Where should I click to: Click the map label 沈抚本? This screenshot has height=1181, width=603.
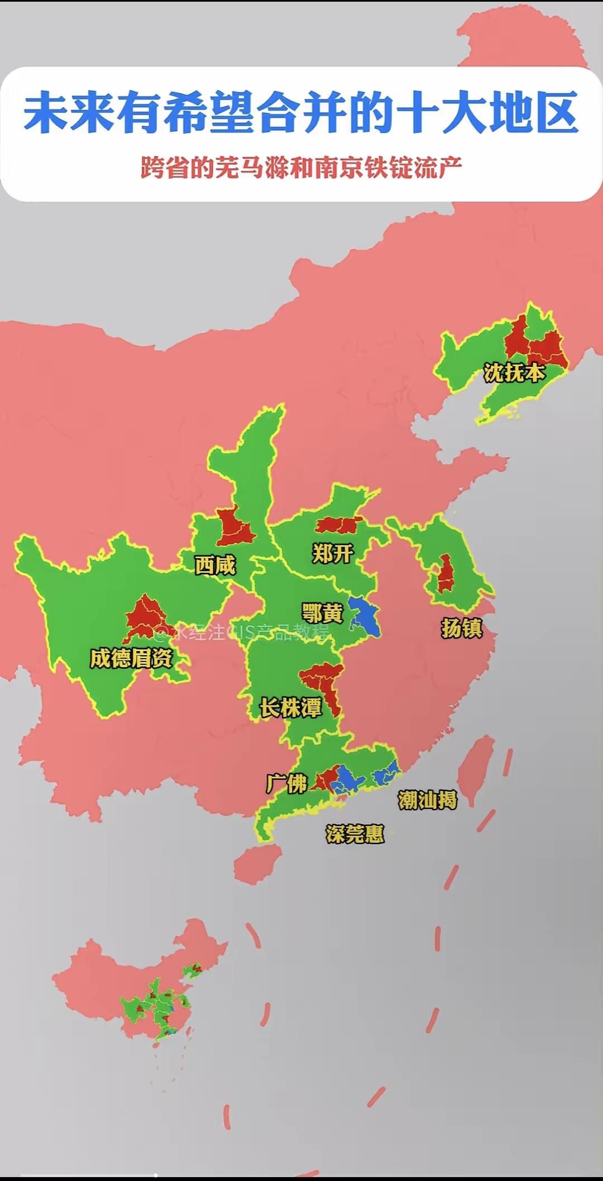pyautogui.click(x=514, y=373)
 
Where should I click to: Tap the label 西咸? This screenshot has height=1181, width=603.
pyautogui.click(x=215, y=565)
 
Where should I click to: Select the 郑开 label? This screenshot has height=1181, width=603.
pyautogui.click(x=333, y=554)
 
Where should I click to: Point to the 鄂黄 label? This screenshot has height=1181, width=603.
pyautogui.click(x=322, y=613)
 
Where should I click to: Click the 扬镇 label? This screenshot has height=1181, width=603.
pyautogui.click(x=461, y=628)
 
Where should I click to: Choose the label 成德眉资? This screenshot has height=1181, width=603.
pyautogui.click(x=131, y=658)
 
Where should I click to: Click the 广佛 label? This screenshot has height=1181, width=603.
pyautogui.click(x=287, y=783)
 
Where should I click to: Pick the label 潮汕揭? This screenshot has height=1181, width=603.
pyautogui.click(x=427, y=800)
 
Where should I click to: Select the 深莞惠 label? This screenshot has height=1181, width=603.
pyautogui.click(x=355, y=834)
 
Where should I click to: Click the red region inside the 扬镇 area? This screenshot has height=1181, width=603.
pyautogui.click(x=445, y=574)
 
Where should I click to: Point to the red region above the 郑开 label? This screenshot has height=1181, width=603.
pyautogui.click(x=338, y=525)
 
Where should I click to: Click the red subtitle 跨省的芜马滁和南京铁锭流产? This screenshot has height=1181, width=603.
pyautogui.click(x=301, y=167)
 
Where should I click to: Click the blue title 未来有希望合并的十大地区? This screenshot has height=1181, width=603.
pyautogui.click(x=301, y=114)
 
